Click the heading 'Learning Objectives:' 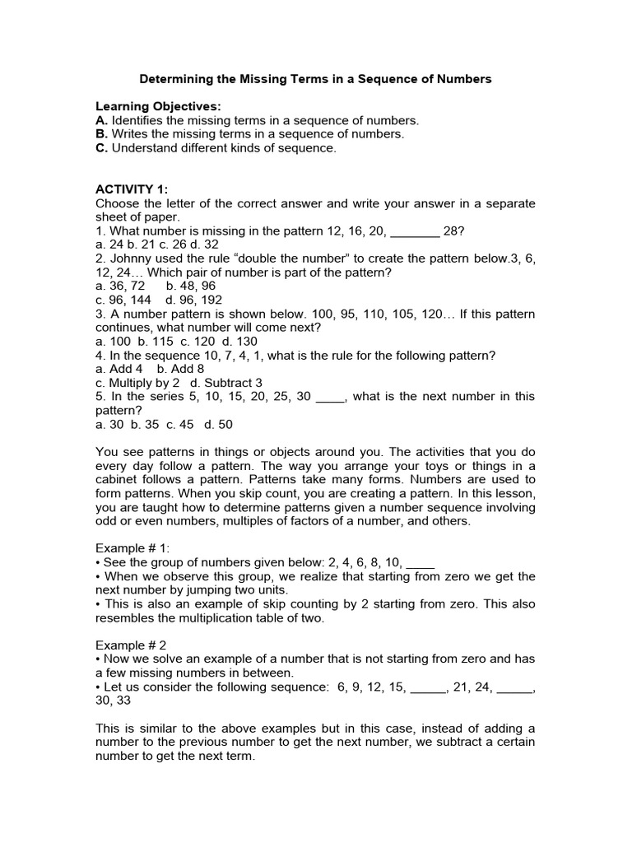(158, 106)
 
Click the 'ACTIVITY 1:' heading (132, 189)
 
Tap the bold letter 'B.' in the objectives (102, 133)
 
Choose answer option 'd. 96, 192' (193, 300)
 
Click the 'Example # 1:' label (131, 548)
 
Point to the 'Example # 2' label (129, 645)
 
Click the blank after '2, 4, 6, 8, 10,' (421, 563)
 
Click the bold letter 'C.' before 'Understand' (102, 147)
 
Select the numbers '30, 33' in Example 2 (113, 701)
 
